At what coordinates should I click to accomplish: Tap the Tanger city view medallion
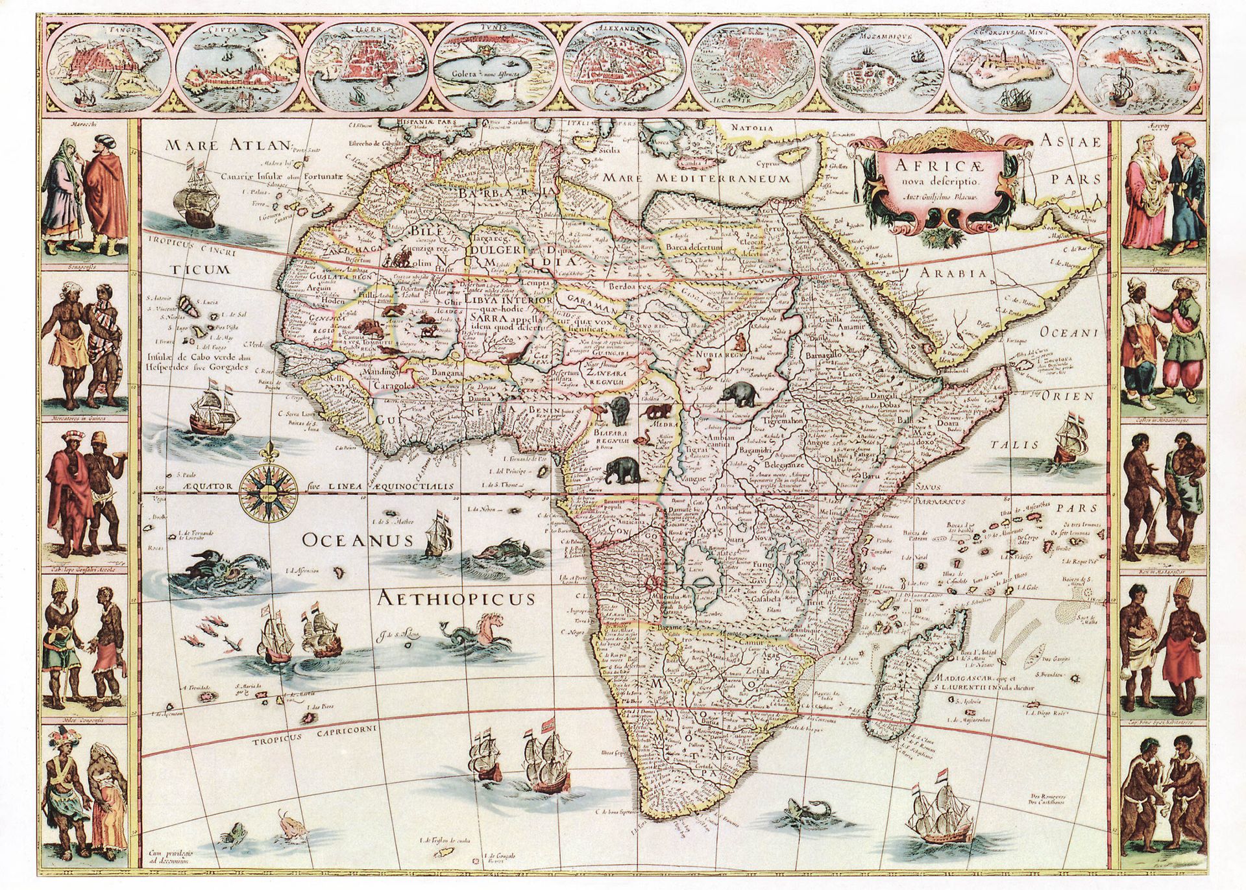point(108,66)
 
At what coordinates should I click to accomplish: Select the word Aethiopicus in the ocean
point(457,598)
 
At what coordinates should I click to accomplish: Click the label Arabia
point(953,274)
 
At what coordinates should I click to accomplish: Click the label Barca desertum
point(694,247)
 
